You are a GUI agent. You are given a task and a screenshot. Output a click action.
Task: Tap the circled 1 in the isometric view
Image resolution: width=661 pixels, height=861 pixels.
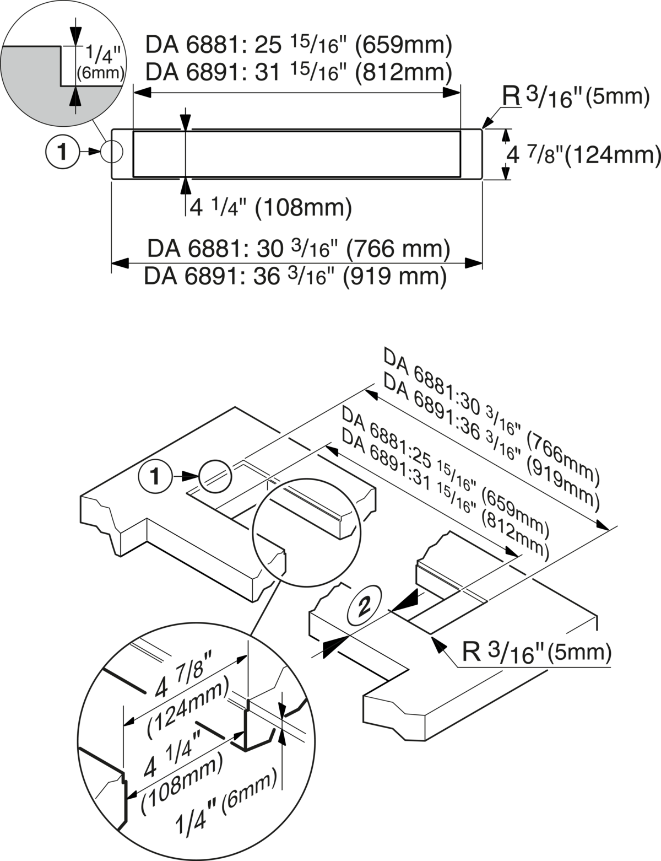[156, 476]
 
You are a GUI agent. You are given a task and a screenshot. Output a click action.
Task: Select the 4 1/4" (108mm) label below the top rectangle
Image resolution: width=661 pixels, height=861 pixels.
[270, 208]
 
